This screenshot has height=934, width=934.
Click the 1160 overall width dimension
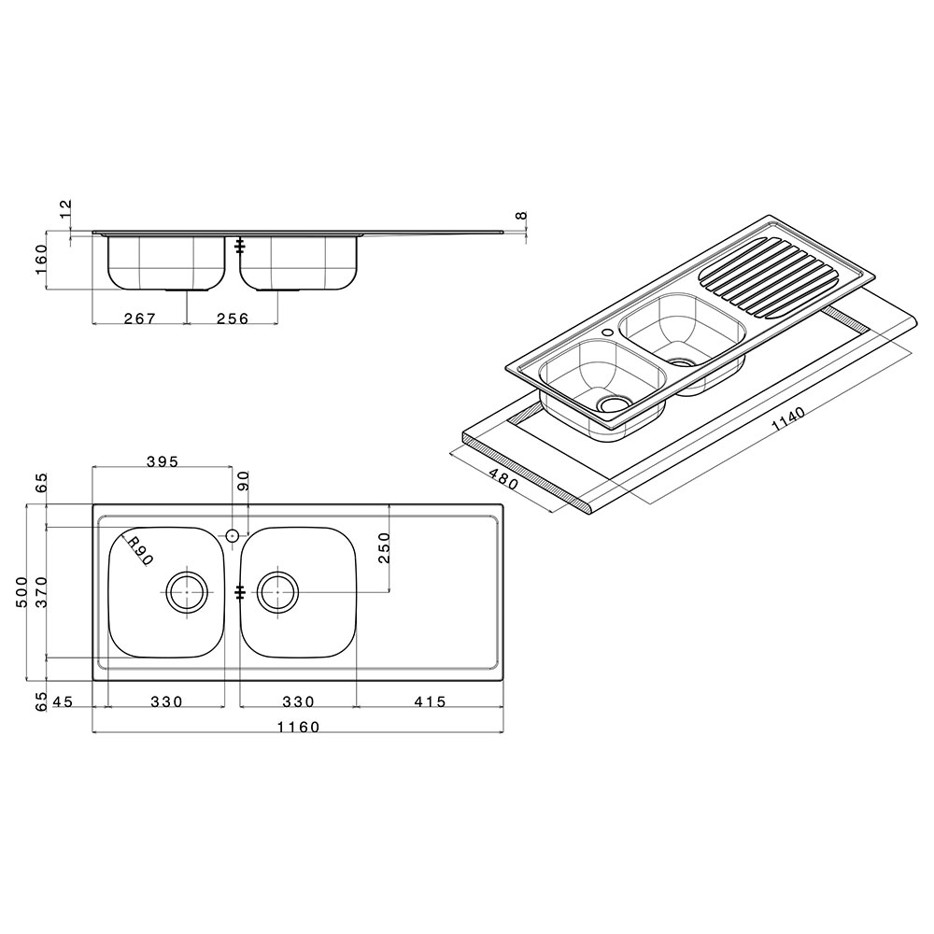(298, 728)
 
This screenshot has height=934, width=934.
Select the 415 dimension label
(429, 701)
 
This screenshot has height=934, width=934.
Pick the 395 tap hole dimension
(162, 461)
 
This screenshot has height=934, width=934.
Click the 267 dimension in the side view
(139, 318)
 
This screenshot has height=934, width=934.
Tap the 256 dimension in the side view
(233, 318)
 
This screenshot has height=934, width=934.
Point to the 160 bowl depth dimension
(41, 260)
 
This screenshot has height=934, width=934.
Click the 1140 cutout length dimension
(788, 418)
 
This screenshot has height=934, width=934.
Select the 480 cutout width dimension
(503, 477)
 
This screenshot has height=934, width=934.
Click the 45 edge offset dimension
(63, 701)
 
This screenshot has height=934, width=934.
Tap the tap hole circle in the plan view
(233, 535)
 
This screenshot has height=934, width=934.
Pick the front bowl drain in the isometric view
(611, 404)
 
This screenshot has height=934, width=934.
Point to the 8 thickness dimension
(522, 216)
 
